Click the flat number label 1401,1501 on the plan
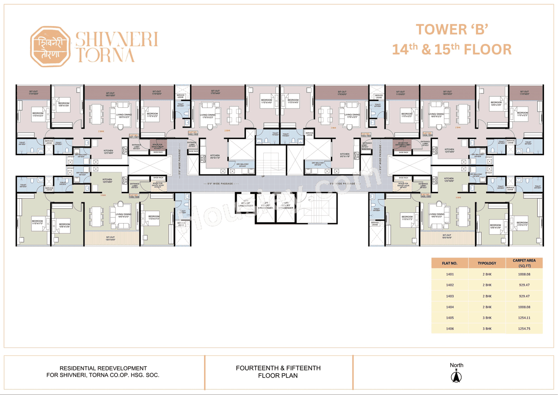[x=133, y=136]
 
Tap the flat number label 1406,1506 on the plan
[x=133, y=196]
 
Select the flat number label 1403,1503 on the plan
[x=365, y=136]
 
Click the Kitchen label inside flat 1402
[x=215, y=157]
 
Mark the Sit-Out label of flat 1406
[x=110, y=238]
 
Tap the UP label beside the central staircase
[x=263, y=177]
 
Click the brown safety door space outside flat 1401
[x=157, y=145]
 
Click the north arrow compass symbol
[x=456, y=376]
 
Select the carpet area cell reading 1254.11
[x=524, y=318]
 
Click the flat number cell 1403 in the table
[x=450, y=296]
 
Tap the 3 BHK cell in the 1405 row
[x=487, y=318]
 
